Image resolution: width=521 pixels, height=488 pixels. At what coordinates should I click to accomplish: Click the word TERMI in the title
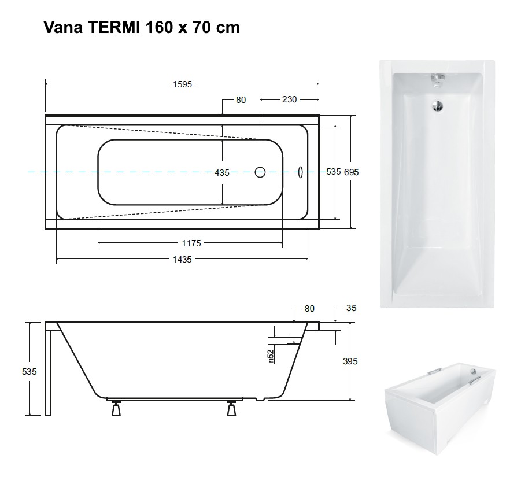coord(114,27)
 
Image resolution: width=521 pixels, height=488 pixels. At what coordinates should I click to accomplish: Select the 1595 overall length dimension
coord(182,84)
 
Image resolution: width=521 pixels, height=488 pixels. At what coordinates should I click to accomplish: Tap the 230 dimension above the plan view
coord(289,99)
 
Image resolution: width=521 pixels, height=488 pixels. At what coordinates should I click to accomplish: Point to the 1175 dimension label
coord(191,243)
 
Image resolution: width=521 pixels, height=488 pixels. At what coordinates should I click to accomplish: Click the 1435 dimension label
coord(182,260)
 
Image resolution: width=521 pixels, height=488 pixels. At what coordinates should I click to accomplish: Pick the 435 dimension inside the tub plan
coord(222,173)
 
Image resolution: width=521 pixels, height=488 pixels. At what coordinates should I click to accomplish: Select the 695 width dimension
coord(351,172)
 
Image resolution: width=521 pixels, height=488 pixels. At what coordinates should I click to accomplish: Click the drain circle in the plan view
coord(260,172)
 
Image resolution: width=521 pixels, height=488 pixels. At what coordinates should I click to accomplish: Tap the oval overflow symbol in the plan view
coord(301,172)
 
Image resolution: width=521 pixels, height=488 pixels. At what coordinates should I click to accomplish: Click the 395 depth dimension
coord(350,361)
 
